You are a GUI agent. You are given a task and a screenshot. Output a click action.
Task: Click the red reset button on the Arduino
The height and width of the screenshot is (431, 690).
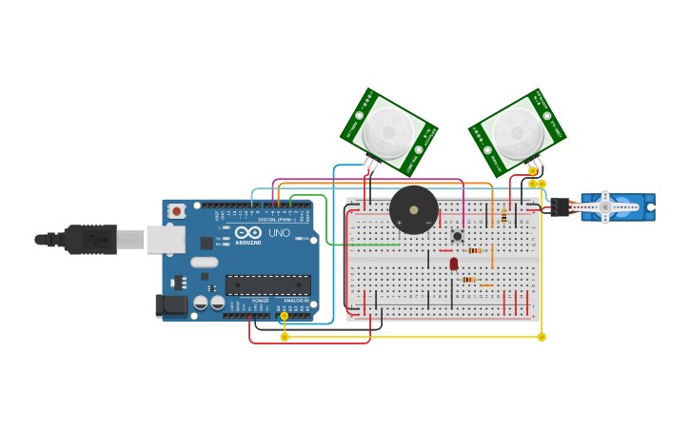[176, 211]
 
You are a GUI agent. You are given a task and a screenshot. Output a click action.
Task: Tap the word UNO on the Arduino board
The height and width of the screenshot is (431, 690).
[280, 232]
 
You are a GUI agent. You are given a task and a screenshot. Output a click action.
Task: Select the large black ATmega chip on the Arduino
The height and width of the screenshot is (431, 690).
[267, 284]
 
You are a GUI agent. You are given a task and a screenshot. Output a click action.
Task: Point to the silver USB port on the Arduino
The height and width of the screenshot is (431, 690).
[165, 239]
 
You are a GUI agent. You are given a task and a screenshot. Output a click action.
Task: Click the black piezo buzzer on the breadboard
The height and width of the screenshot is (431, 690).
[414, 209]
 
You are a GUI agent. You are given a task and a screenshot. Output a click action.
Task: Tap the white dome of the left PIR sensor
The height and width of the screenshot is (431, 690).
[388, 130]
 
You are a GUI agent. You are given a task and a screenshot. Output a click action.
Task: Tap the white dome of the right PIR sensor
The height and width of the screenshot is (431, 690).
[518, 132]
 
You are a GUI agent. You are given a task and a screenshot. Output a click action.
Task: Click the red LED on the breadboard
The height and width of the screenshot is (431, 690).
[454, 264]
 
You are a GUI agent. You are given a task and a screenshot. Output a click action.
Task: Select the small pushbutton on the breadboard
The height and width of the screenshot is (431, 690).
[457, 235]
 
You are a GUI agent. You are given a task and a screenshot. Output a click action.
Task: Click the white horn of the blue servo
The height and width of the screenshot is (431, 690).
[604, 206]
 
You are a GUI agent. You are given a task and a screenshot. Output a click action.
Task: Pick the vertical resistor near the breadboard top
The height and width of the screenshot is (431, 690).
[503, 217]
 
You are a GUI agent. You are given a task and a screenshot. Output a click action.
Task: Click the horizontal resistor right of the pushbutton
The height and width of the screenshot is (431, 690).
[476, 250]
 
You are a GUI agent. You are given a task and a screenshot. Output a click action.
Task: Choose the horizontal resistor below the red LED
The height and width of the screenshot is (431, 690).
[468, 280]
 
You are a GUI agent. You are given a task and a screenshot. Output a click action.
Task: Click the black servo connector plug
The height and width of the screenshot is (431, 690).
[560, 206]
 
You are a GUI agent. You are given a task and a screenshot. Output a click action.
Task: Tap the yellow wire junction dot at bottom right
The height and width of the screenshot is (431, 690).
[542, 337]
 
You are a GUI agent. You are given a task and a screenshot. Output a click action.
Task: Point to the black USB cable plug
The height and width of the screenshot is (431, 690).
[91, 239]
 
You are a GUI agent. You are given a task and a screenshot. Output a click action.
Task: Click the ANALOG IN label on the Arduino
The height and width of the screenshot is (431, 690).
[295, 301]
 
